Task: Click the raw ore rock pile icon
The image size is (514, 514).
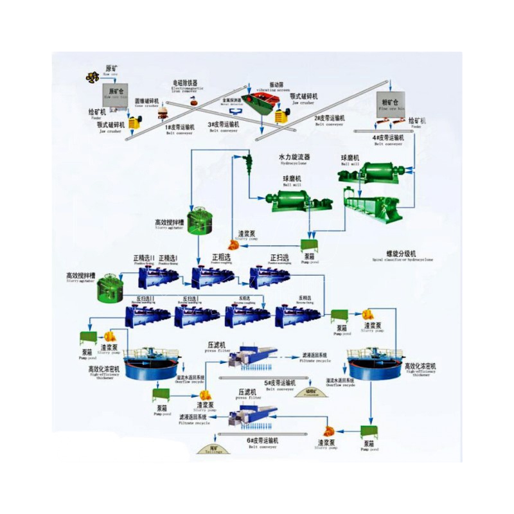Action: pyautogui.click(x=92, y=76)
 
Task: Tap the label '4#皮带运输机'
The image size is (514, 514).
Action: pyautogui.click(x=388, y=137)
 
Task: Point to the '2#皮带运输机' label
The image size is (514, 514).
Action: pyautogui.click(x=330, y=118)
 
